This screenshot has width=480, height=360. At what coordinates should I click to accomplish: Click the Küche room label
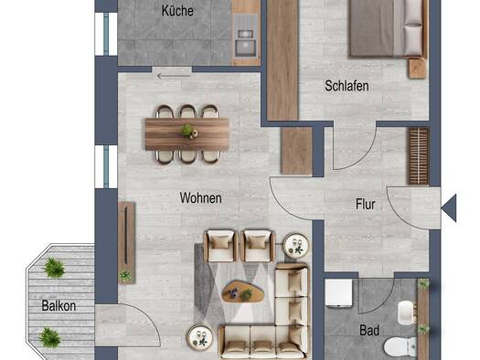click(177, 11)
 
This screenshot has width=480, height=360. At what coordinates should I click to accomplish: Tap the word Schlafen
click(347, 86)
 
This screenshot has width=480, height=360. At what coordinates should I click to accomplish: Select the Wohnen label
click(201, 198)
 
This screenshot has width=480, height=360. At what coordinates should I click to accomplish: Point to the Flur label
click(366, 205)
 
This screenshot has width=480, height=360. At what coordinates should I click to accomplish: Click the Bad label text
click(369, 331)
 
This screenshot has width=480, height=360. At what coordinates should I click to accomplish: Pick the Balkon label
click(59, 306)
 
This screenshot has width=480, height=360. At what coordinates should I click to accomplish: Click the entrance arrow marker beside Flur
click(449, 208)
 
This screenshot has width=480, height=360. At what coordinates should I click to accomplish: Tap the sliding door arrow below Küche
click(174, 76)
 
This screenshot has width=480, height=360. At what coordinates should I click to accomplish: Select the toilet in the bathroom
click(400, 347)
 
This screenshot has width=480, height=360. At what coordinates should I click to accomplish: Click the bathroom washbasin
click(407, 312)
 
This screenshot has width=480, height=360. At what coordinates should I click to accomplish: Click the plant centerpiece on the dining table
click(187, 132)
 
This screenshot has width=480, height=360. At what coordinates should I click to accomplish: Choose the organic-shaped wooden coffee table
click(243, 291)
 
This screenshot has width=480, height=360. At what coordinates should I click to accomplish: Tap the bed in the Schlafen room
click(389, 28)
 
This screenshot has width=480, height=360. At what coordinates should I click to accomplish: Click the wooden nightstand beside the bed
click(417, 69)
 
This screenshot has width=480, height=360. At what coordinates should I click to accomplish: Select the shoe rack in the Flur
click(419, 156)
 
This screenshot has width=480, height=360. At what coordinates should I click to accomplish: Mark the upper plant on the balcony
click(54, 268)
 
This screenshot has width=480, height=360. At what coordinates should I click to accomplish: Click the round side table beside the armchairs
click(295, 245)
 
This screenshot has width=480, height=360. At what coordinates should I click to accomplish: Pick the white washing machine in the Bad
click(338, 292)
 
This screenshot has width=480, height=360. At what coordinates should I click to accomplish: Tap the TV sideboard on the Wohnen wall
click(126, 243)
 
